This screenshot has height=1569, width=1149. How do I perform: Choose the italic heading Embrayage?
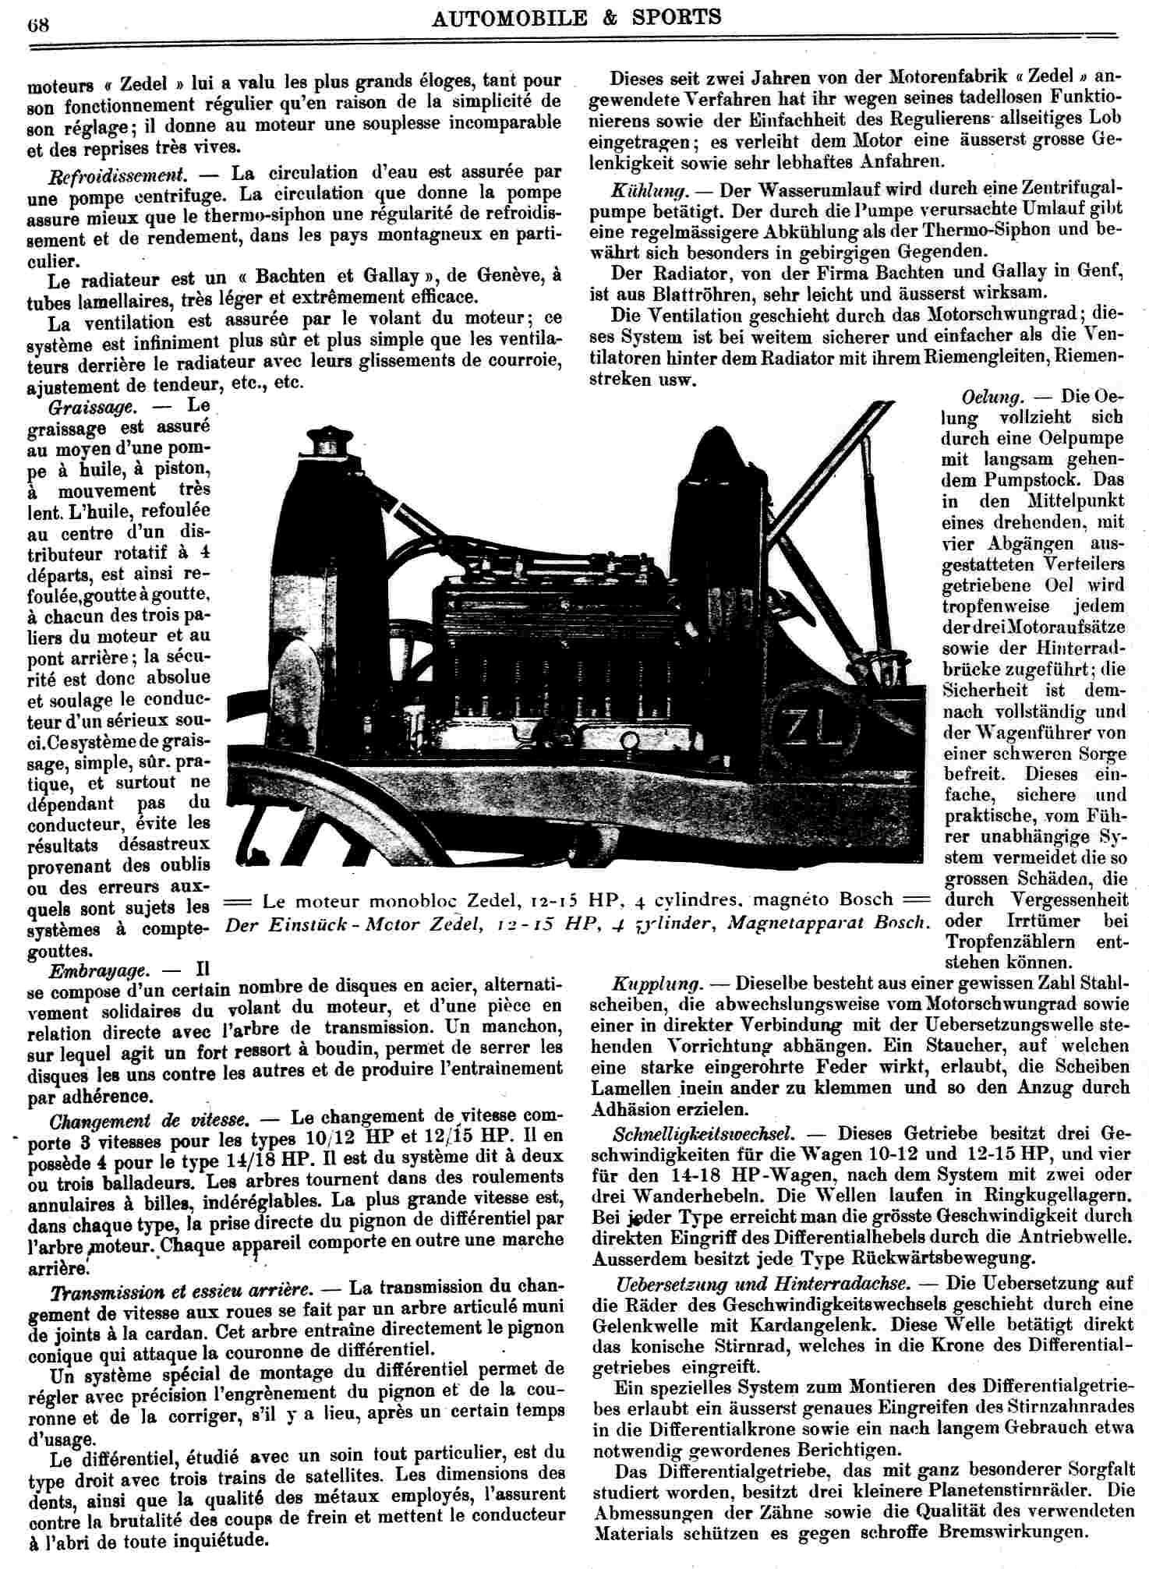(x=98, y=971)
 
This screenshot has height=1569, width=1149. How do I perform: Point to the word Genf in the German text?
(x=1098, y=271)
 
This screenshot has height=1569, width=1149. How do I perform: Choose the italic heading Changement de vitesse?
(x=149, y=1122)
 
